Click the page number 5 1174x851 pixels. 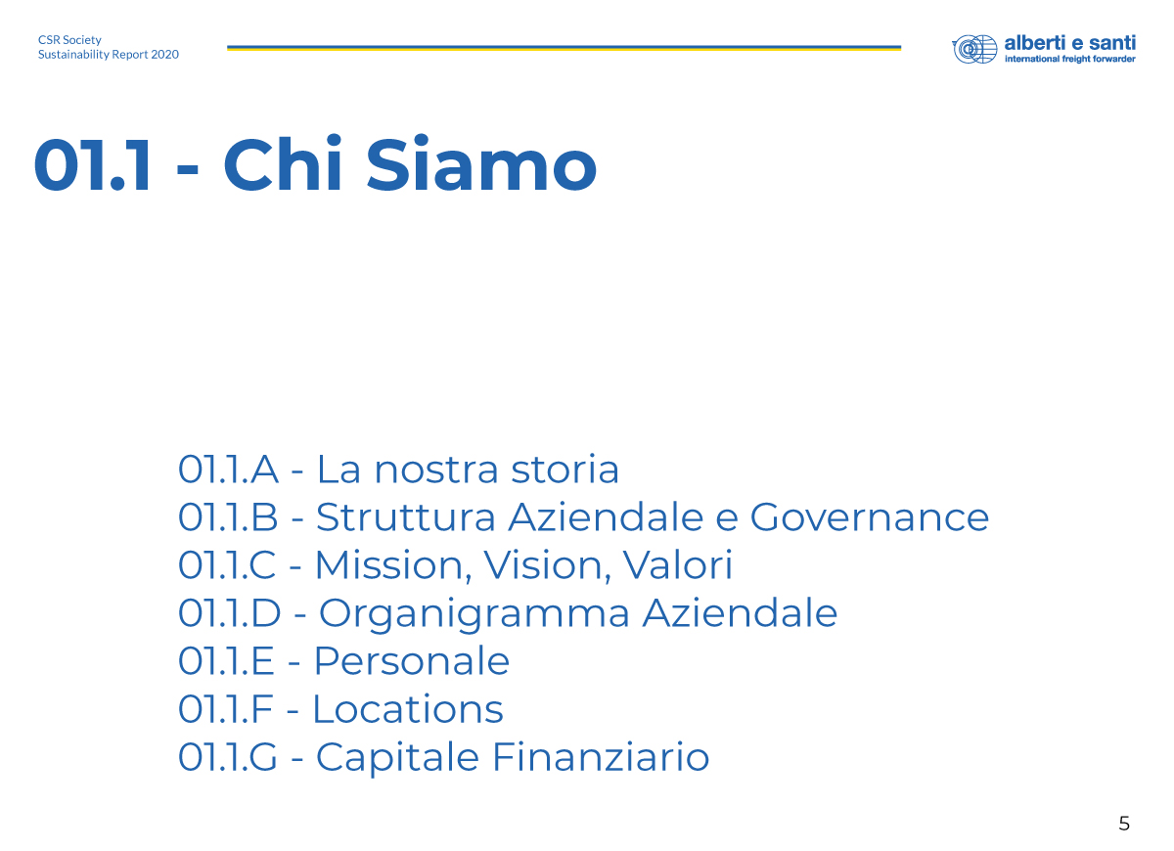click(1124, 824)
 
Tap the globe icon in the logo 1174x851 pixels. click(974, 49)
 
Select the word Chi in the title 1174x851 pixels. click(283, 163)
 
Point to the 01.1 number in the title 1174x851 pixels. click(93, 165)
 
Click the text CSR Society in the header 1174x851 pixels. click(69, 40)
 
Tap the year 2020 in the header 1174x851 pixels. click(164, 55)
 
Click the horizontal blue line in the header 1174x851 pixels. click(564, 48)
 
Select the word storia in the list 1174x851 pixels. click(565, 469)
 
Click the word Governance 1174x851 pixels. click(870, 517)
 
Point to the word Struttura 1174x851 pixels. click(406, 517)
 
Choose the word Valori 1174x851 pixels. click(678, 565)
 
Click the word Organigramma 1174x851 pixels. click(474, 614)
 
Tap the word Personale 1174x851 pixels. click(412, 661)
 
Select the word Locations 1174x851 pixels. click(408, 709)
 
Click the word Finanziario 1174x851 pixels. click(601, 757)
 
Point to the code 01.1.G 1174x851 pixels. click(227, 758)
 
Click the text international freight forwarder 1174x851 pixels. click(1069, 59)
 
